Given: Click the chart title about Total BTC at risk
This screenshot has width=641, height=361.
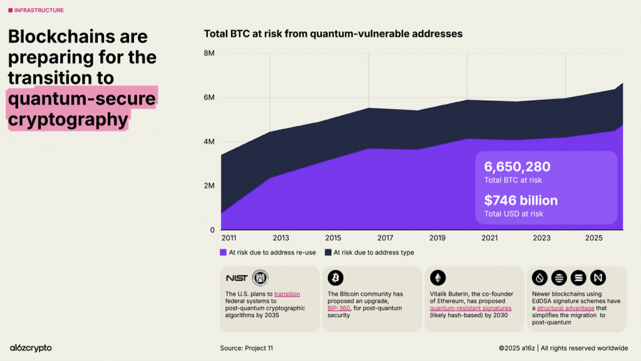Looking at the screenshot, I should (x=333, y=34).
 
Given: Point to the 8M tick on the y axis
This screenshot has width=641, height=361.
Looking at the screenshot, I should (x=209, y=53).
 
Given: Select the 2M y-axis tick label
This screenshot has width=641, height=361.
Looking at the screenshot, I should (x=209, y=186).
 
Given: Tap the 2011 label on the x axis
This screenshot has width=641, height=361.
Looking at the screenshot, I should (x=228, y=238).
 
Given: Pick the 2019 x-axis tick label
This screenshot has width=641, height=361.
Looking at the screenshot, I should (x=437, y=238).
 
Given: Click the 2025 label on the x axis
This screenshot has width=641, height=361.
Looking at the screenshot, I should (x=593, y=238).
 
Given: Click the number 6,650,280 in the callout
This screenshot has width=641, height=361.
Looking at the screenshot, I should (x=517, y=167).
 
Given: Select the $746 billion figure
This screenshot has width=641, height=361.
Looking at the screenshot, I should (x=521, y=201).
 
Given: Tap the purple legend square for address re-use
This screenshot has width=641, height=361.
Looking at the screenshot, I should (x=223, y=253).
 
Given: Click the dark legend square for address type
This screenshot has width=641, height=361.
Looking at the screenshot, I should (x=328, y=253).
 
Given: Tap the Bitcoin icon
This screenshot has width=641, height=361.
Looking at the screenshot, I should (x=336, y=278).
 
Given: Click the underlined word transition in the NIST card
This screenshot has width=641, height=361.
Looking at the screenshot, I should (x=287, y=293).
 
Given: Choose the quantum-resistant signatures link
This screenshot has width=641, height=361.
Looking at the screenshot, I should (x=462, y=308).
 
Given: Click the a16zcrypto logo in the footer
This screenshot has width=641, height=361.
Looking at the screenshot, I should (x=31, y=348).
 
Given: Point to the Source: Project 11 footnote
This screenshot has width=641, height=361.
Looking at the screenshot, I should (x=246, y=348).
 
